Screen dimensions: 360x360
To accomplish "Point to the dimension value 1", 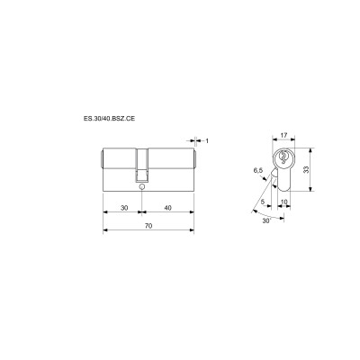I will tap(207, 140).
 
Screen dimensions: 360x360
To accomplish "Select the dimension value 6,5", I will tap(258, 168).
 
